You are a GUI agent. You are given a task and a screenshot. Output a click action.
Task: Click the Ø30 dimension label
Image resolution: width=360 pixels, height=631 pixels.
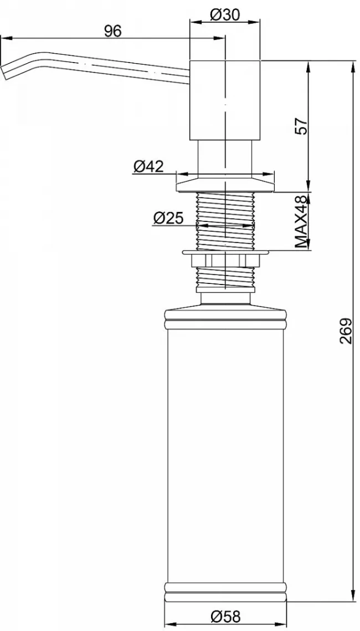(x=225, y=15)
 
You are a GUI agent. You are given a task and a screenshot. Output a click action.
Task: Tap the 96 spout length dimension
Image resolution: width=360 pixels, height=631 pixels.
(x=112, y=31)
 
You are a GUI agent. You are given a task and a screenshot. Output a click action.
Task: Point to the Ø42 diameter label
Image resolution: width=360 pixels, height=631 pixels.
(x=148, y=166)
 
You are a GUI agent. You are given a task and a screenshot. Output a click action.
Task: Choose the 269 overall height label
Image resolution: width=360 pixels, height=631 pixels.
(x=345, y=331)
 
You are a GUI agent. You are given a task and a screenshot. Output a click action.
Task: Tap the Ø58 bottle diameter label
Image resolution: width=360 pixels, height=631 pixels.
(x=225, y=616)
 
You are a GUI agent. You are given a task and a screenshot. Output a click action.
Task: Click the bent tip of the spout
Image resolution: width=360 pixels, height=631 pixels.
(x=5, y=73)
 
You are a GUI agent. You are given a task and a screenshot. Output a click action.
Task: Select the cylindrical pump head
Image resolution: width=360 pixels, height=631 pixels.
(x=225, y=101)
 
